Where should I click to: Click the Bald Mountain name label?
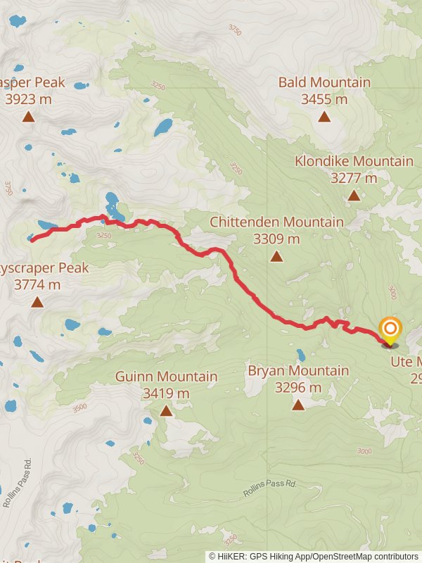point(324,82)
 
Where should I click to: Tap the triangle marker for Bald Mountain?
point(324,116)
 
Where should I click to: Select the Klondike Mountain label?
point(354,161)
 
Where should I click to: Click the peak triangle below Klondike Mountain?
point(354,195)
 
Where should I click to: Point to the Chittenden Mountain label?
point(276,222)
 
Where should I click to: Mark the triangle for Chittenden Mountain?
point(276,256)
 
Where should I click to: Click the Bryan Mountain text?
point(298,370)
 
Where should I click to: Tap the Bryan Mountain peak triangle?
point(298,404)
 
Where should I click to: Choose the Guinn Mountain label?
point(166,377)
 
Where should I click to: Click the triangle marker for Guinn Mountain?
point(166,410)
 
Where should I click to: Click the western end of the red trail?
point(32,239)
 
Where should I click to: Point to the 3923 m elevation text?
point(28,99)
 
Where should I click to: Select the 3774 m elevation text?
point(37,285)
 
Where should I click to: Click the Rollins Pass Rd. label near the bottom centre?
point(270,488)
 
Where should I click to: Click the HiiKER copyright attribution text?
point(314,556)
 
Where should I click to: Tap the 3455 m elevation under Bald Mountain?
point(324,99)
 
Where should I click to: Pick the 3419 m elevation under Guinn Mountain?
point(166,393)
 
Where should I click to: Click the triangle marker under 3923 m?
point(28,117)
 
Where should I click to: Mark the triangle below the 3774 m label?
point(37,303)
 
